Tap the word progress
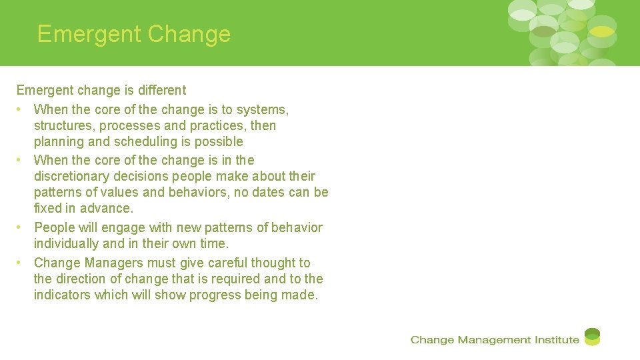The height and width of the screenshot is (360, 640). click(214, 295)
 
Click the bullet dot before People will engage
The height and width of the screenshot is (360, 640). click(21, 227)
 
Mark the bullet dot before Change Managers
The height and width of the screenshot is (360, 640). click(21, 263)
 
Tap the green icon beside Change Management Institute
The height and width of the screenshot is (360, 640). click(592, 337)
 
